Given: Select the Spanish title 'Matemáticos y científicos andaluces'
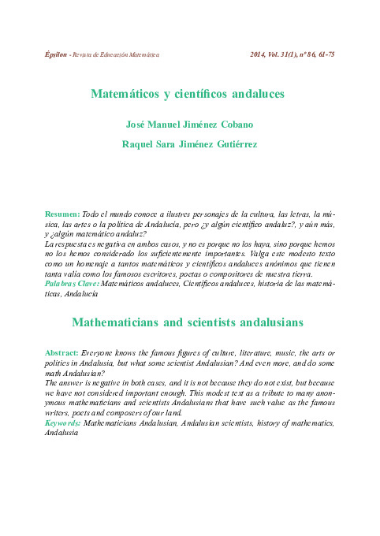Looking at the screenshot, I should coord(188,94).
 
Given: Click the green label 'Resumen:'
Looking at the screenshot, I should coord(62,214).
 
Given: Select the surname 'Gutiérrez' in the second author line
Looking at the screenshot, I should coord(233,144).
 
